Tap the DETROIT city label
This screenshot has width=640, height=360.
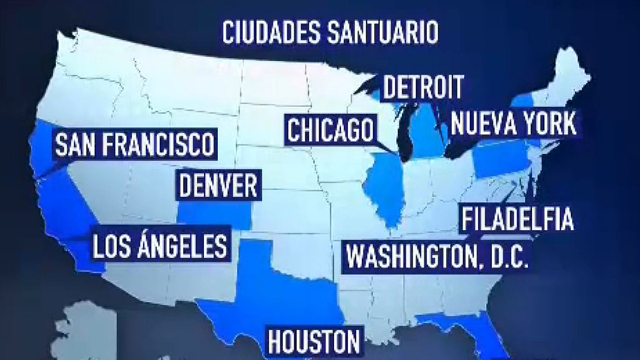point(422,87)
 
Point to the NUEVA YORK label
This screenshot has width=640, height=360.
point(514,124)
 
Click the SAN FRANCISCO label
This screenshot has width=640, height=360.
point(134,144)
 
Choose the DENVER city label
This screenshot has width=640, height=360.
point(219,186)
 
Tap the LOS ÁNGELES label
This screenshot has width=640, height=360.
point(159,246)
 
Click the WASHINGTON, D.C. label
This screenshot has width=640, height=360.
point(437,255)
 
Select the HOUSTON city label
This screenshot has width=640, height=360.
point(314,341)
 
